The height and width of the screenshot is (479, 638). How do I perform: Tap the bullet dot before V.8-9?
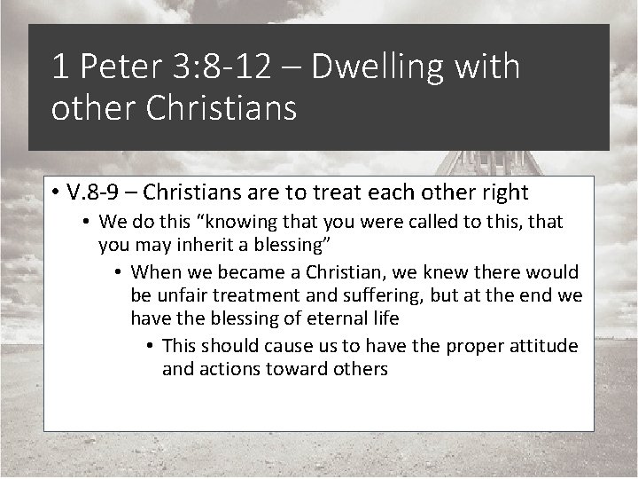click(x=55, y=192)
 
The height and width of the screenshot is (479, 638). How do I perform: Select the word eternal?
click(x=329, y=318)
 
